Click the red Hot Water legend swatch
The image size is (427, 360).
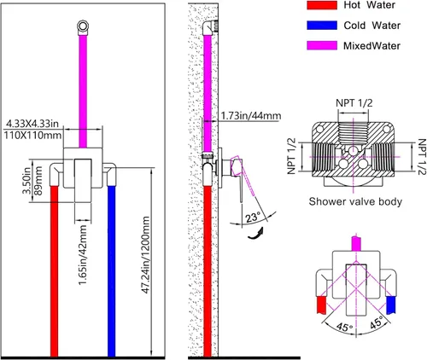pyautogui.click(x=322, y=5)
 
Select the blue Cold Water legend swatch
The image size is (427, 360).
pyautogui.click(x=322, y=26)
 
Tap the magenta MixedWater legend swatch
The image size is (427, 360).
pyautogui.click(x=322, y=46)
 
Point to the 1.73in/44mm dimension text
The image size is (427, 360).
pyautogui.click(x=251, y=116)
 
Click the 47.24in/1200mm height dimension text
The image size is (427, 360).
pyautogui.click(x=145, y=255)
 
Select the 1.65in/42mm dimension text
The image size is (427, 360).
pyautogui.click(x=83, y=255)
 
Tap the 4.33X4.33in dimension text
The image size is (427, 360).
pyautogui.click(x=32, y=124)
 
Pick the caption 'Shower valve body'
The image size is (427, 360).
pyautogui.click(x=355, y=201)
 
